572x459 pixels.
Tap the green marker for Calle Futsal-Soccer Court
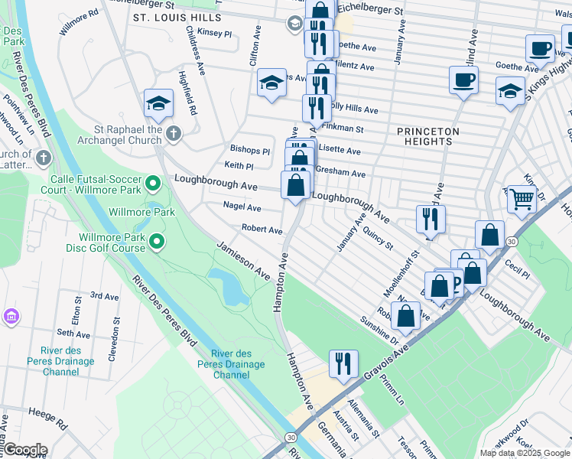pyautogui.click(x=153, y=182)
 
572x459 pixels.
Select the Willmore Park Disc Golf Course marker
pyautogui.click(x=157, y=243)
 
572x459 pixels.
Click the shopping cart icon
pyautogui.click(x=522, y=199)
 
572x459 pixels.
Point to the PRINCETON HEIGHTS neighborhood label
pyautogui.click(x=428, y=136)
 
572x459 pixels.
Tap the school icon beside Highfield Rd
pyautogui.click(x=158, y=103)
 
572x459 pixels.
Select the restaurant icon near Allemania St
pyautogui.click(x=343, y=363)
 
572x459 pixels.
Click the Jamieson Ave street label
pyautogui.click(x=243, y=261)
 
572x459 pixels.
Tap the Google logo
pyautogui.click(x=24, y=450)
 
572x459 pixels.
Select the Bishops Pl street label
pyautogui.click(x=250, y=151)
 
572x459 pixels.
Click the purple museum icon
pyautogui.click(x=11, y=316)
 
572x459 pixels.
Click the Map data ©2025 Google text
pyautogui.click(x=524, y=453)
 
